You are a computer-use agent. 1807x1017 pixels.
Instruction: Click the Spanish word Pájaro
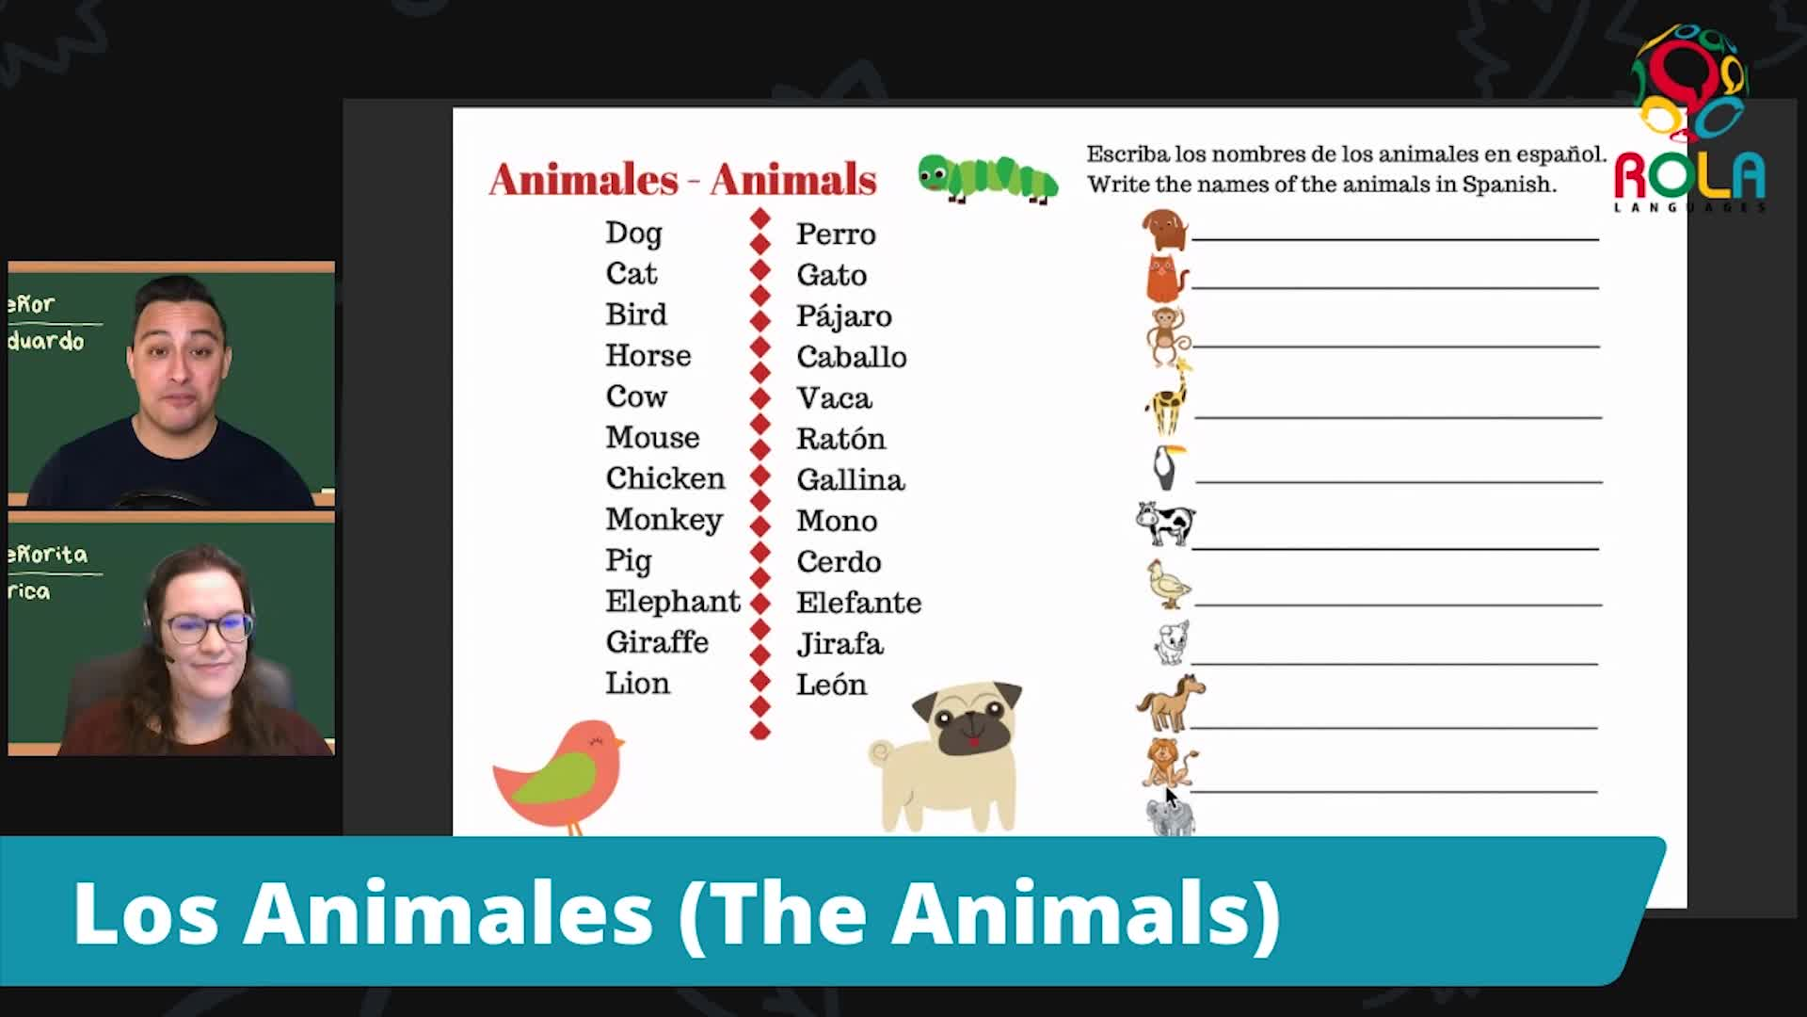(x=843, y=316)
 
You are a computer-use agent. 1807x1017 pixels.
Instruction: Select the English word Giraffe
(x=657, y=642)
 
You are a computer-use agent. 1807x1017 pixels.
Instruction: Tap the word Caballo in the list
(x=851, y=357)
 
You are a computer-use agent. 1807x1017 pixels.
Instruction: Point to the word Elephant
(x=672, y=602)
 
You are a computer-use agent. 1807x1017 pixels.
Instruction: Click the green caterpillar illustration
(x=987, y=178)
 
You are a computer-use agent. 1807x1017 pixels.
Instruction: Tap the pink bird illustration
(x=559, y=775)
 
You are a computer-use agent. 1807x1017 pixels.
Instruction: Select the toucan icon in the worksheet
(x=1167, y=466)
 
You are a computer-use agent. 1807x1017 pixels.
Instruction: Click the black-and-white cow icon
(x=1165, y=524)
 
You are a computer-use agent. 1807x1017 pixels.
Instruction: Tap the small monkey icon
(x=1167, y=335)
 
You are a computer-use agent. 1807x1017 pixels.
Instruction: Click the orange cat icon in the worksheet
(x=1165, y=278)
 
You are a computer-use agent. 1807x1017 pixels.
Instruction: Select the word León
(x=831, y=685)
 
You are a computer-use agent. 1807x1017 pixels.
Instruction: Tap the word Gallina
(x=850, y=480)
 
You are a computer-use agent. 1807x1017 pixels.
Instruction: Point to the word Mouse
(x=652, y=438)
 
